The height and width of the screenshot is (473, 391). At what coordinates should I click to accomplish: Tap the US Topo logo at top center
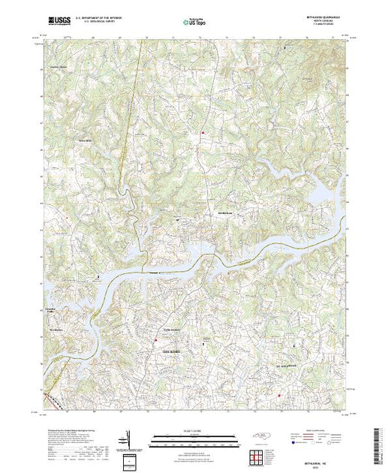[x=196, y=23]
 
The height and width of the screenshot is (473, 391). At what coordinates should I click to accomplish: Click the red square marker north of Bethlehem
[x=200, y=134]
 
